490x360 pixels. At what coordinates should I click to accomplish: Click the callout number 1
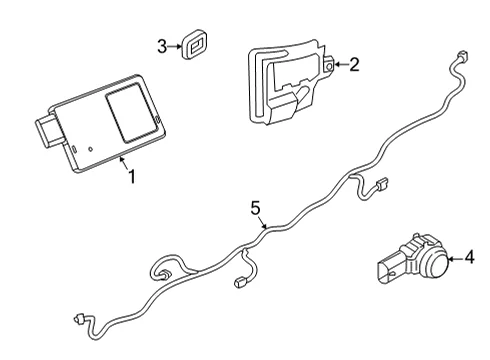pyautogui.click(x=132, y=176)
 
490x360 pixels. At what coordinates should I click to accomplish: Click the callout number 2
pyautogui.click(x=354, y=64)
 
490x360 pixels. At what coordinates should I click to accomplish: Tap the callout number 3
pyautogui.click(x=162, y=46)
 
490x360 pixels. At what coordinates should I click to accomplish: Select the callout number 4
pyautogui.click(x=469, y=257)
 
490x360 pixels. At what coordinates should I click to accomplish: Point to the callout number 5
pyautogui.click(x=255, y=208)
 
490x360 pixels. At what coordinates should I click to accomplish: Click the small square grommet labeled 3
pyautogui.click(x=193, y=44)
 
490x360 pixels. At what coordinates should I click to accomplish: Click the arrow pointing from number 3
pyautogui.click(x=174, y=46)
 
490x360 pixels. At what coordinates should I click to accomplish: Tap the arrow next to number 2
pyautogui.click(x=341, y=64)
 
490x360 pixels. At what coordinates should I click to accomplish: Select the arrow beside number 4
pyautogui.click(x=456, y=258)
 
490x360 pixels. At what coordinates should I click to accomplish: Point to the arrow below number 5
pyautogui.click(x=263, y=223)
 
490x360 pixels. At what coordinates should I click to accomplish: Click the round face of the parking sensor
pyautogui.click(x=436, y=264)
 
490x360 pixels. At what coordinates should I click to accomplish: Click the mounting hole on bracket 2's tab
pyautogui.click(x=329, y=65)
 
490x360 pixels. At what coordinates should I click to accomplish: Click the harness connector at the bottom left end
pyautogui.click(x=79, y=319)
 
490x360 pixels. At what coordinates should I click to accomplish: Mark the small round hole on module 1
pyautogui.click(x=90, y=149)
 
